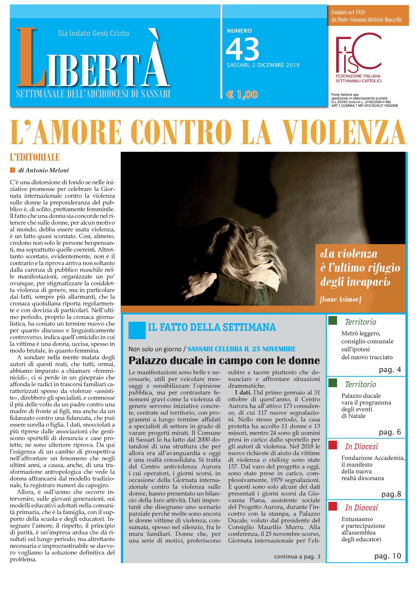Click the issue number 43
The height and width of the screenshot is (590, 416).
pyautogui.click(x=242, y=49)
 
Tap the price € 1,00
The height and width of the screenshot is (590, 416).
pyautogui.click(x=242, y=95)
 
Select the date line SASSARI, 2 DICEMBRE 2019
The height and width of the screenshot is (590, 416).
pyautogui.click(x=263, y=65)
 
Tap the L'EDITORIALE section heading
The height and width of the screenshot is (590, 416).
pyautogui.click(x=35, y=157)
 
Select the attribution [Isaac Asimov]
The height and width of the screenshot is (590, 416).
pyautogui.click(x=340, y=299)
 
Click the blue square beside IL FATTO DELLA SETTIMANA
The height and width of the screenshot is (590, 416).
pyautogui.click(x=137, y=330)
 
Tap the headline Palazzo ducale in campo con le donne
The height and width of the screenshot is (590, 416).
pyautogui.click(x=224, y=360)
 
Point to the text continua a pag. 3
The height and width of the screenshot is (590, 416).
pyautogui.click(x=297, y=556)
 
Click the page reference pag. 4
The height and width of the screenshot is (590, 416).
pyautogui.click(x=390, y=370)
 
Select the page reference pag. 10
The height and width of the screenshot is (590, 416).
pyautogui.click(x=388, y=556)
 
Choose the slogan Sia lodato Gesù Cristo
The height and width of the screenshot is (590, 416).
pyautogui.click(x=93, y=33)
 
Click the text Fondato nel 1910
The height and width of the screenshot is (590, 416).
pyautogui.click(x=348, y=12)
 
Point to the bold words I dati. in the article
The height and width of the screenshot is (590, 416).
pyautogui.click(x=242, y=392)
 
